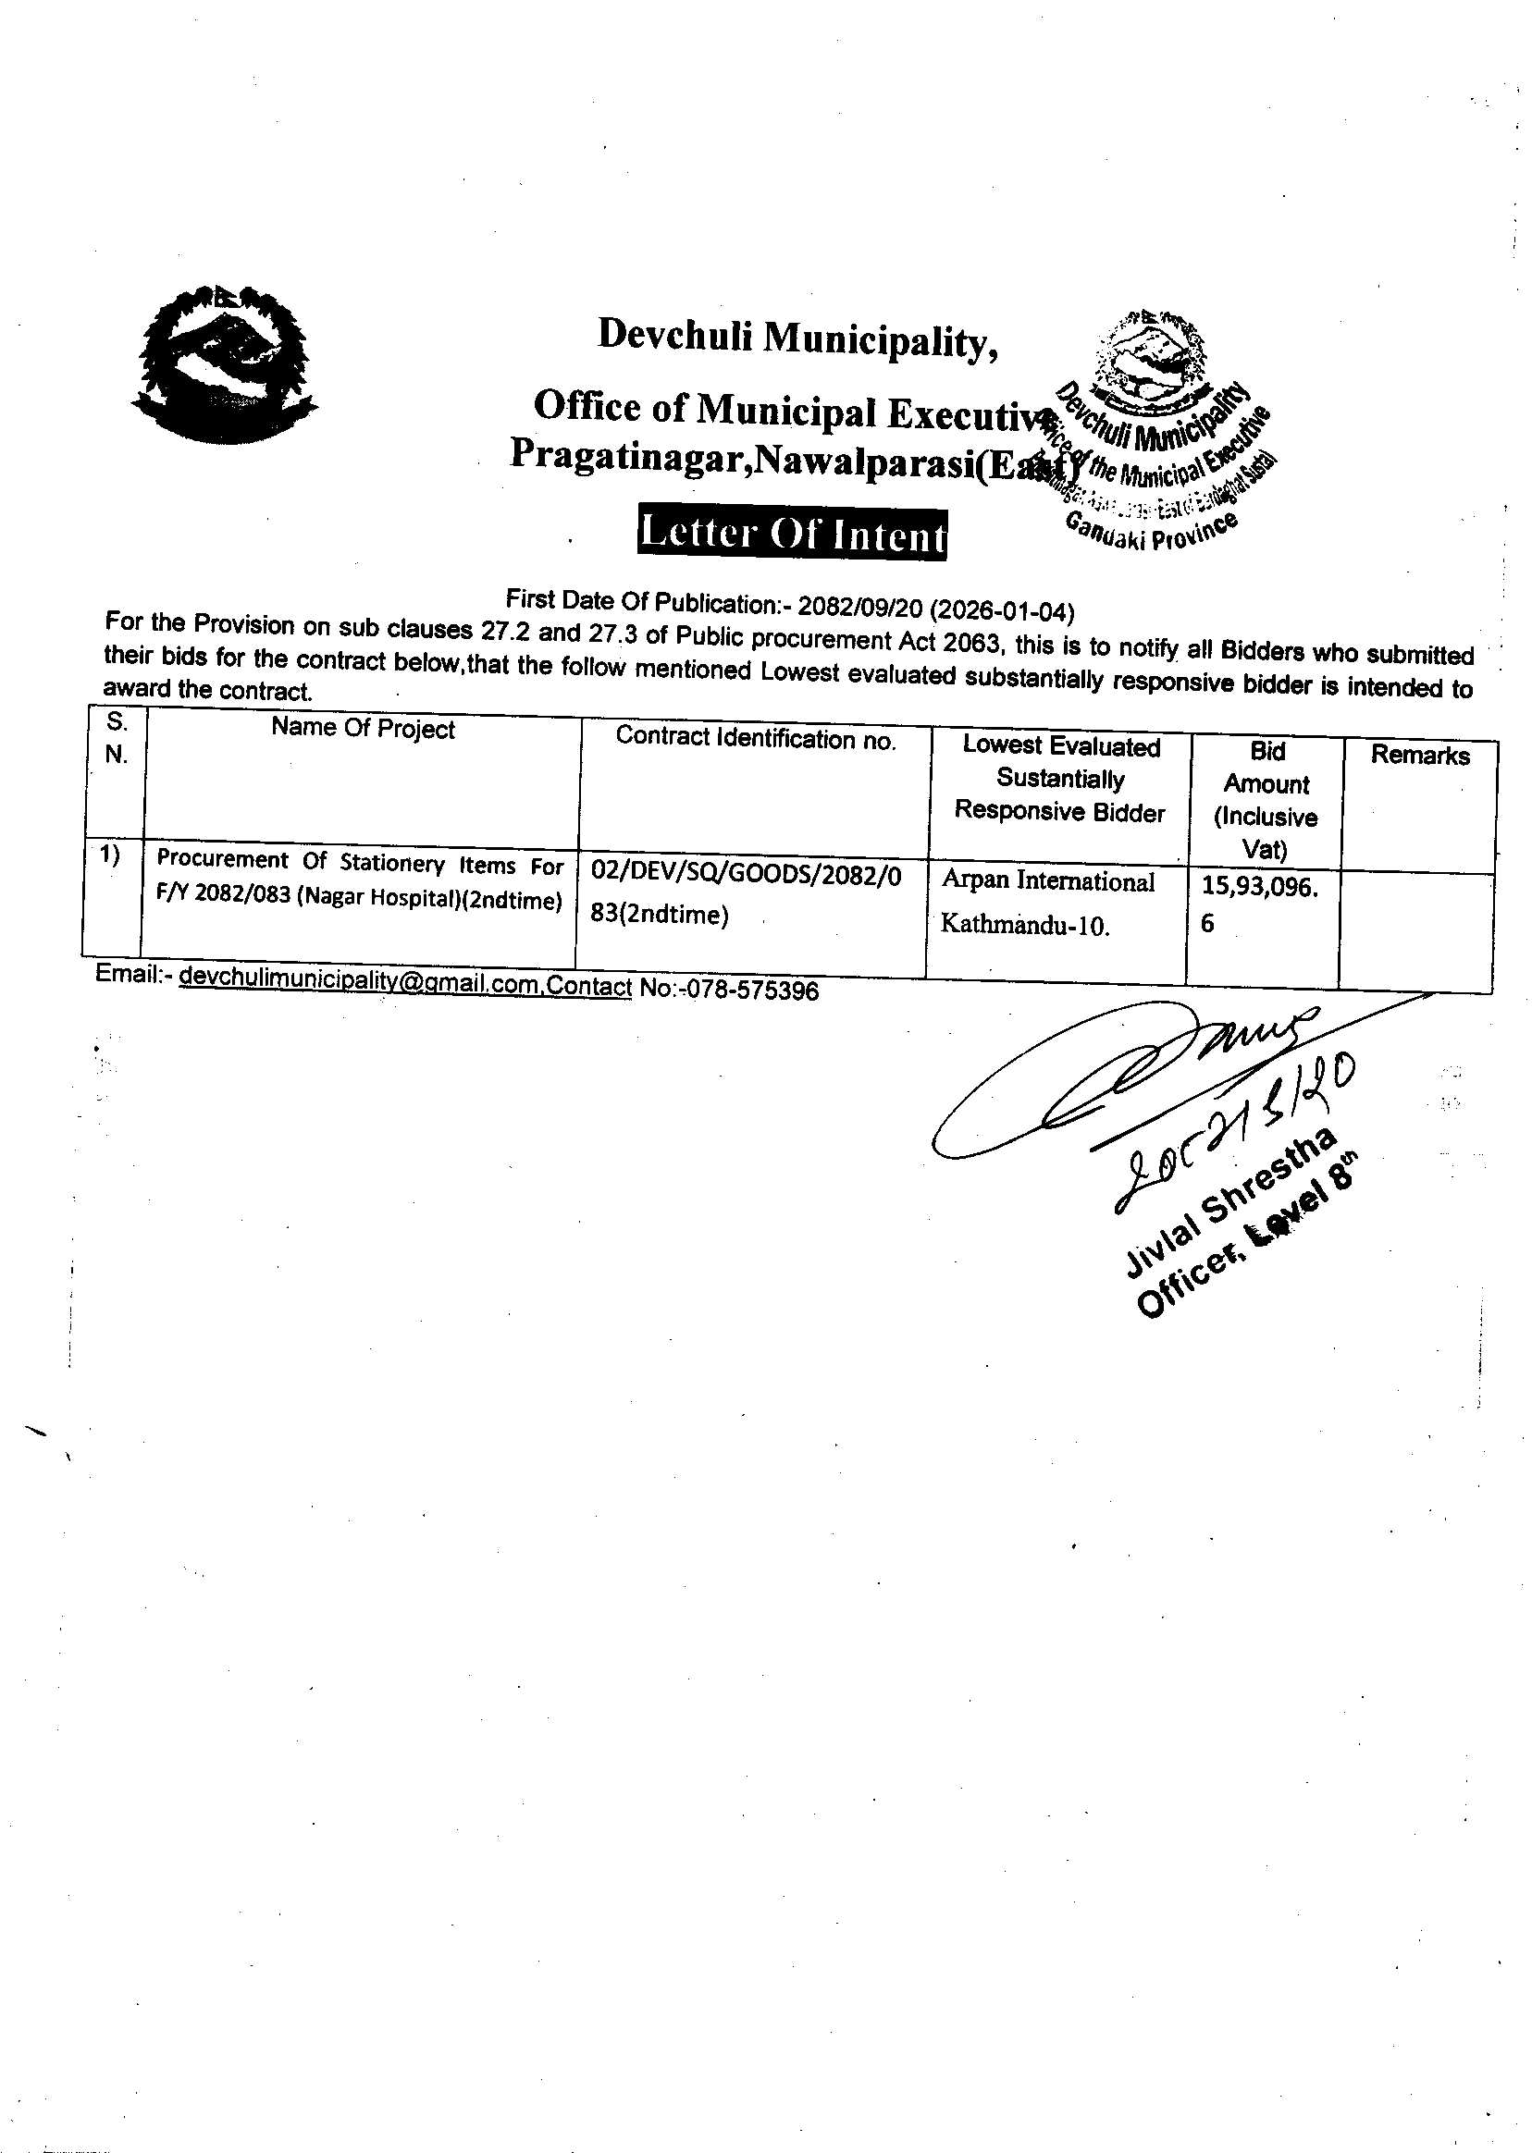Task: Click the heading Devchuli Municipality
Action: [x=797, y=338]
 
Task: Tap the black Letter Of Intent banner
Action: [x=792, y=535]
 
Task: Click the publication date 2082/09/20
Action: [x=859, y=605]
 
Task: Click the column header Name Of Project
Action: [x=363, y=729]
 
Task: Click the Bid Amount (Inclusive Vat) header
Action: [x=1266, y=800]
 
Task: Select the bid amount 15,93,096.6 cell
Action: [x=1259, y=904]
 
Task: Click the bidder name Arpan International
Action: [x=1048, y=881]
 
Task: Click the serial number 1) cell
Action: [x=110, y=855]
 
